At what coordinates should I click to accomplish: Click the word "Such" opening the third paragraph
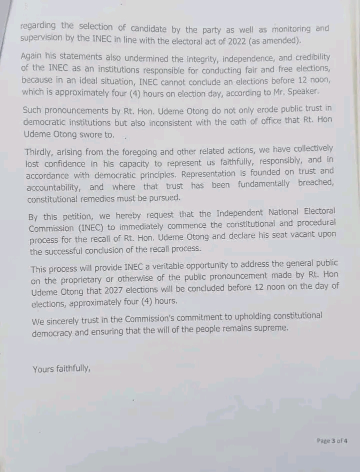(32, 110)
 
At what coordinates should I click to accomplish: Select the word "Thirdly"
(41, 150)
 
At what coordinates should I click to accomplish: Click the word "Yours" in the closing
(43, 370)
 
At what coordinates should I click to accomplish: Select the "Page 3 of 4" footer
(332, 441)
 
